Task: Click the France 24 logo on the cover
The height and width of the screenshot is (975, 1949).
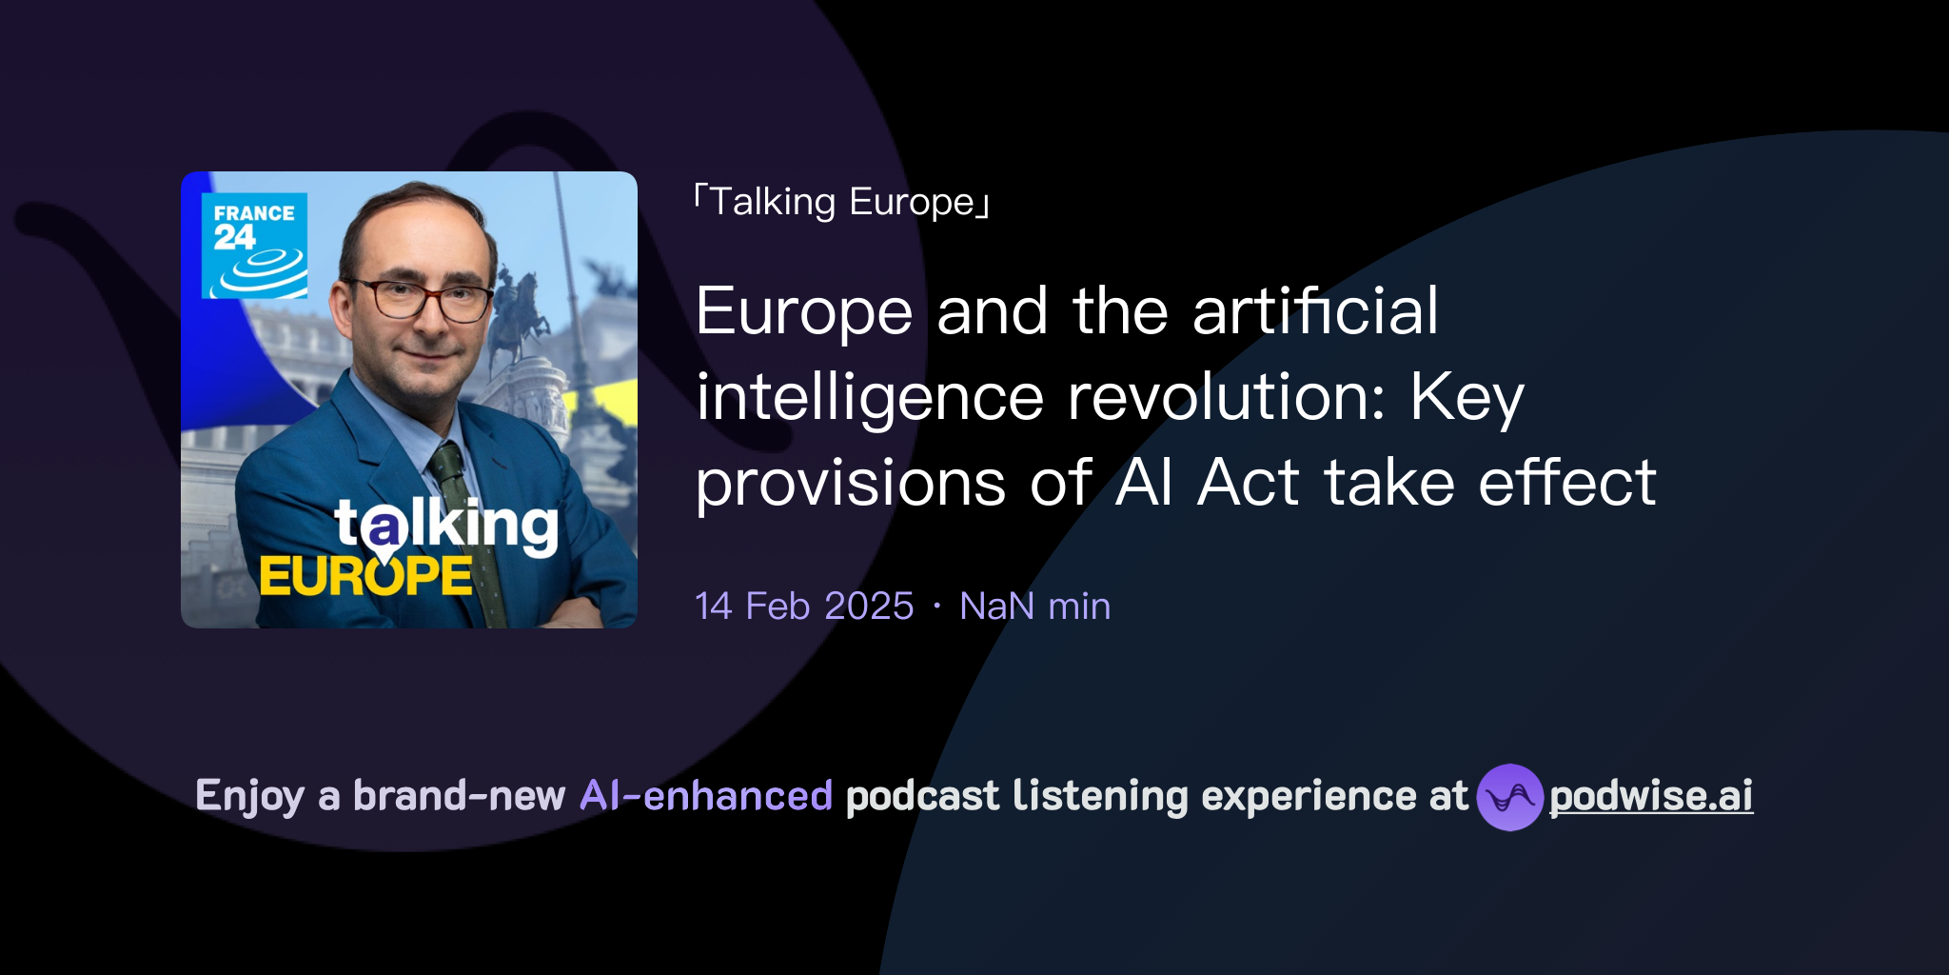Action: pos(254,246)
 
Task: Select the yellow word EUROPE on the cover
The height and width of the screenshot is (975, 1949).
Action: pos(365,576)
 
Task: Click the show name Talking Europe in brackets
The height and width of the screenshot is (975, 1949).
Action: pos(842,202)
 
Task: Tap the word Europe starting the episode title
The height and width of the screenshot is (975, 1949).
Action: pos(804,311)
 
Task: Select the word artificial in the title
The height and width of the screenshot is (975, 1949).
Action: pos(1315,311)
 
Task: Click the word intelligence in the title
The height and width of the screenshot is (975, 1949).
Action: pos(870,397)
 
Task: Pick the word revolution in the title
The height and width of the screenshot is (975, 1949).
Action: pos(1227,397)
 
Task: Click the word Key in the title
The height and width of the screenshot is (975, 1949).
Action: pos(1467,397)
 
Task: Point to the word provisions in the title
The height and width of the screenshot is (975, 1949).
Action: pos(850,483)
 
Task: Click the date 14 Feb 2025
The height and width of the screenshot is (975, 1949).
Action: pos(804,607)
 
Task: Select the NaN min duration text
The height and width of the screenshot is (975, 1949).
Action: pos(1034,607)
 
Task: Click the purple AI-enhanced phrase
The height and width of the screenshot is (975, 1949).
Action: pos(706,796)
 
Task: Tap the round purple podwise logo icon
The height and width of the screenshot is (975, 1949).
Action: pos(1509,797)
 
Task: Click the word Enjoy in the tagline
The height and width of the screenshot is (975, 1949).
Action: pos(249,796)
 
